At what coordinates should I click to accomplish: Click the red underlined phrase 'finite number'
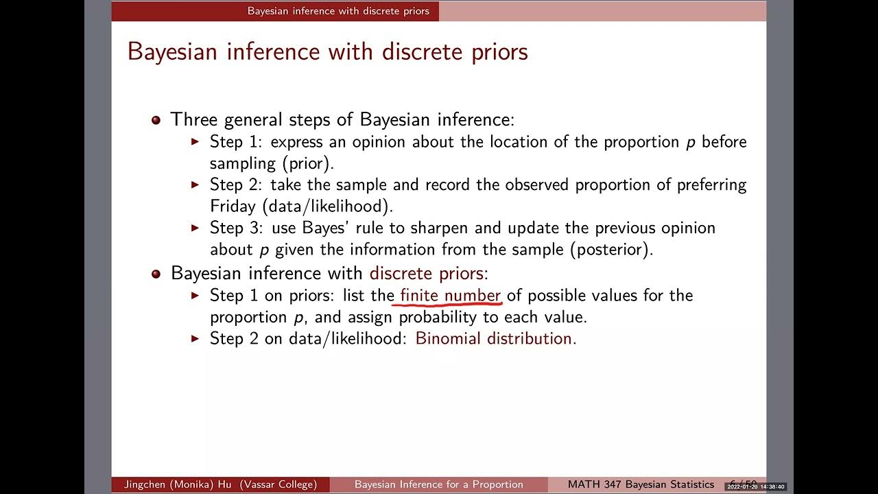[451, 296]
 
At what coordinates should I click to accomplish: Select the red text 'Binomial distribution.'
[496, 338]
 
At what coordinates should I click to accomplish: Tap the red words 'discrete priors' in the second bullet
[426, 273]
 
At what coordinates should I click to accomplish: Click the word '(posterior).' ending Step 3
[611, 249]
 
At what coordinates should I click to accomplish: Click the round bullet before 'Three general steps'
[156, 120]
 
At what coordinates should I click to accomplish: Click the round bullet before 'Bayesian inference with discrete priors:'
[156, 274]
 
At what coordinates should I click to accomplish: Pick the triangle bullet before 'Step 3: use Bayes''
[195, 227]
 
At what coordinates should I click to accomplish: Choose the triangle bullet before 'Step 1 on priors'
[195, 295]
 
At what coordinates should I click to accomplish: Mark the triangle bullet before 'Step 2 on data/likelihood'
[195, 338]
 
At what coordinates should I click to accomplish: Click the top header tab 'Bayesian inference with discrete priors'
[338, 11]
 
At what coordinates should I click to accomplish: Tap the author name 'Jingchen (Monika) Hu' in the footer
[177, 484]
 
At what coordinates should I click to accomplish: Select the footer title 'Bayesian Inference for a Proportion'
[438, 484]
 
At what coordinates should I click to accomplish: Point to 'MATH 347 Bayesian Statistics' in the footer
[641, 484]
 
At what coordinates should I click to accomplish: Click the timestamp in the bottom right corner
[755, 486]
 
